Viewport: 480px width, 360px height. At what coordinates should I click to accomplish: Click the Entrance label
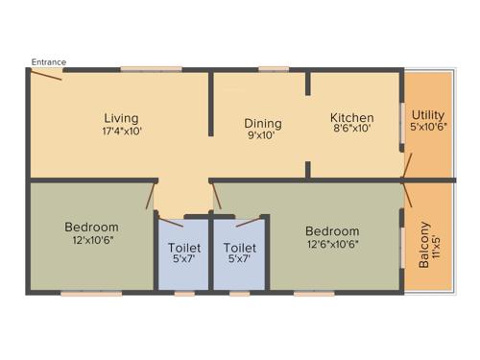(x=48, y=62)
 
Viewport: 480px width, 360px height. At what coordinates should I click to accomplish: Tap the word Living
(x=122, y=118)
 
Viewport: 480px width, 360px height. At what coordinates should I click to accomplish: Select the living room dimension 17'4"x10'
(x=122, y=132)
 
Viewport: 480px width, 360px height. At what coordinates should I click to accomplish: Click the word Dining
(x=262, y=123)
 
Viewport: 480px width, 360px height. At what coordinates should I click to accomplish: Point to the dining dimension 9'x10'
(x=262, y=136)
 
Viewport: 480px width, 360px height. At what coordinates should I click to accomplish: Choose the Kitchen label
(x=351, y=118)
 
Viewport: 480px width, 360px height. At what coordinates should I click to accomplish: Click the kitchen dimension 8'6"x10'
(x=351, y=132)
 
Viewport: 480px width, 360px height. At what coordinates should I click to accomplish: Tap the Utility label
(x=428, y=114)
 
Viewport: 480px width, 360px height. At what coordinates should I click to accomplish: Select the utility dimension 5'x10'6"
(x=428, y=128)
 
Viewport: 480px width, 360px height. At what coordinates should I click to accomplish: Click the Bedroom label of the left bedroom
(x=91, y=227)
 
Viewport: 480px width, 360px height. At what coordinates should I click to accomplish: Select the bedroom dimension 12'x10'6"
(x=91, y=240)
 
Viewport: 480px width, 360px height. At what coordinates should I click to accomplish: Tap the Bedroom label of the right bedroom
(x=332, y=230)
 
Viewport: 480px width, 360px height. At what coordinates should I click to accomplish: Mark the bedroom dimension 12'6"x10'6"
(x=332, y=244)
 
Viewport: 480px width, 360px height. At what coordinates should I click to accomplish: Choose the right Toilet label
(x=240, y=246)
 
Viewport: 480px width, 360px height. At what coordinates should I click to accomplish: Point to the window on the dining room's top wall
(x=274, y=68)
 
